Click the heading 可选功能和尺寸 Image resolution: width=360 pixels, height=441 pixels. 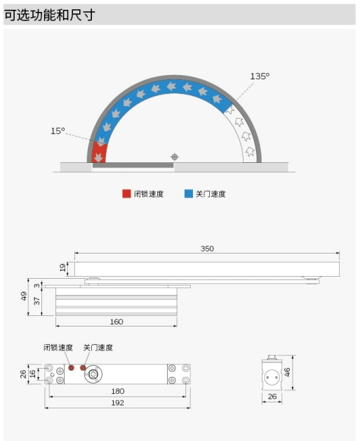click(50, 15)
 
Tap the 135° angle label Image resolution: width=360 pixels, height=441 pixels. click(260, 77)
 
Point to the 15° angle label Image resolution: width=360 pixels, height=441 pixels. click(58, 131)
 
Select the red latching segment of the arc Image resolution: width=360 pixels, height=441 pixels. click(99, 152)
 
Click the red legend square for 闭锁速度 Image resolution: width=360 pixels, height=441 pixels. click(126, 194)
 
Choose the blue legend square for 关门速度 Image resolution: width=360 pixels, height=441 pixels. click(189, 194)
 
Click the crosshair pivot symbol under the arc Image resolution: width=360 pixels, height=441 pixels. click(175, 157)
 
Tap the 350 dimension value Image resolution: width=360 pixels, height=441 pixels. click(207, 249)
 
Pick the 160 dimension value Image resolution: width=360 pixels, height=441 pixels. click(116, 322)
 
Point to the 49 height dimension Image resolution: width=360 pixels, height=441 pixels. click(24, 296)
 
